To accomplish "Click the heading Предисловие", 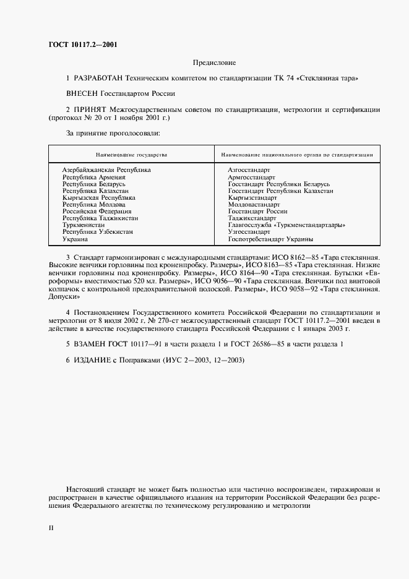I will (x=214, y=63).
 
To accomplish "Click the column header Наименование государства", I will (x=131, y=154).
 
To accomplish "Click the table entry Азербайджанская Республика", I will (x=106, y=169).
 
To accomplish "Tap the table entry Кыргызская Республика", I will (x=98, y=198).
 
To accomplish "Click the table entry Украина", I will (x=75, y=239).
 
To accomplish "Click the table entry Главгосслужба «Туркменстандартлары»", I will (x=286, y=226).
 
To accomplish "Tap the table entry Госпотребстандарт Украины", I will (x=270, y=239).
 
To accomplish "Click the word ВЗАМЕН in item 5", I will (x=92, y=343).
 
